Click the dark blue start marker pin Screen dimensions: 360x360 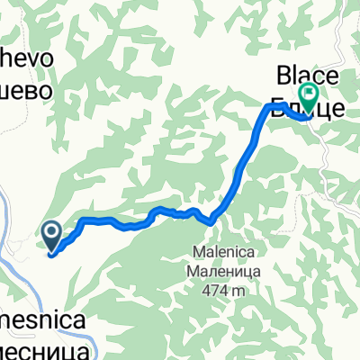pyautogui.click(x=51, y=238)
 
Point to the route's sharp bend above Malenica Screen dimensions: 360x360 pyautogui.click(x=211, y=219)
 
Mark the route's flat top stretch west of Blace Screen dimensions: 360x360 pyautogui.click(x=274, y=106)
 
